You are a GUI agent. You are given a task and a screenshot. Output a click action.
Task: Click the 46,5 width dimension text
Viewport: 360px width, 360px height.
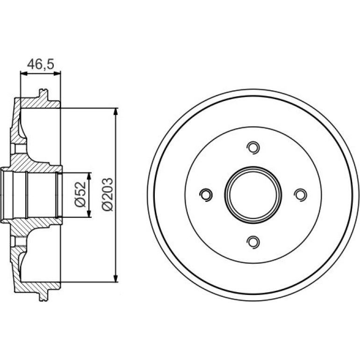click(41, 64)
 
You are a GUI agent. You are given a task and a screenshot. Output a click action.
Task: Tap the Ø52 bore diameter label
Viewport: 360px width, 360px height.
click(80, 194)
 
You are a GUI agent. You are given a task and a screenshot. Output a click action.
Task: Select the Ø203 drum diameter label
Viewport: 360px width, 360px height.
click(108, 194)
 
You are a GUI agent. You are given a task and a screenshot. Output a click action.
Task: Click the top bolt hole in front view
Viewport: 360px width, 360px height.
click(253, 147)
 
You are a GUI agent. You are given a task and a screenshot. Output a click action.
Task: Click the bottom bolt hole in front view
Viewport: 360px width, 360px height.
click(253, 242)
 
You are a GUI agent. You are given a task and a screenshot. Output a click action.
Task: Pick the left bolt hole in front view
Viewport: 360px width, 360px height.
click(206, 194)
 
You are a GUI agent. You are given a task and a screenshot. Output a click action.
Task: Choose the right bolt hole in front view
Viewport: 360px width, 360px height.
click(300, 194)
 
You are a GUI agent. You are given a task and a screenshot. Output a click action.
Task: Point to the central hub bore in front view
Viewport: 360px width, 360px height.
click(253, 195)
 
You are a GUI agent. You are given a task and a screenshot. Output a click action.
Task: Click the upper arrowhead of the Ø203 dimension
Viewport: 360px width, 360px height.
click(116, 112)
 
